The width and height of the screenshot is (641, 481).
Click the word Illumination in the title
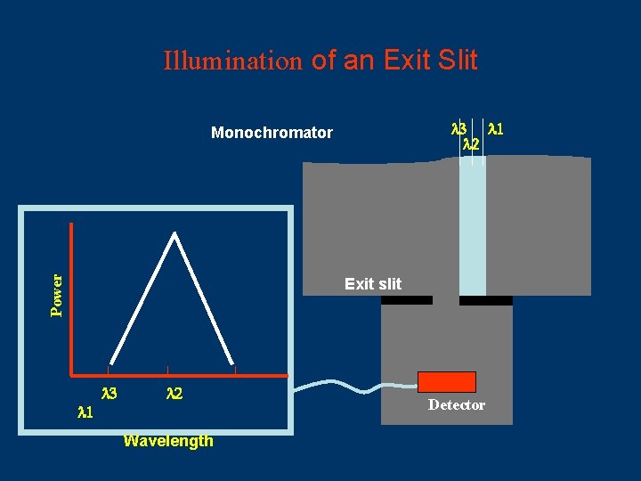(x=234, y=61)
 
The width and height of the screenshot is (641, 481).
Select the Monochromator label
(x=272, y=133)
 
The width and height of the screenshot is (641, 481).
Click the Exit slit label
(x=373, y=284)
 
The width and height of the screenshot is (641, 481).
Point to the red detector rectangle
(x=447, y=382)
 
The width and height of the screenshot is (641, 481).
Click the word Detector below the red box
(x=457, y=405)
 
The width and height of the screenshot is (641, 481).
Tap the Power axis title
(x=57, y=295)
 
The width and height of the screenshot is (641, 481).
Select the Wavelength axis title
(x=168, y=441)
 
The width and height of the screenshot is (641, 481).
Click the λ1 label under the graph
(x=85, y=412)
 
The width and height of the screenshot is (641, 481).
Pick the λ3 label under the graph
(x=110, y=393)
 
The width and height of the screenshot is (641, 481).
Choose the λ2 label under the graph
(x=174, y=393)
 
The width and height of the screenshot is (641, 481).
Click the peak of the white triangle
(x=175, y=235)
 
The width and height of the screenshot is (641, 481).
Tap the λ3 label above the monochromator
(x=459, y=128)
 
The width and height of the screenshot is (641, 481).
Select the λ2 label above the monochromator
(x=472, y=143)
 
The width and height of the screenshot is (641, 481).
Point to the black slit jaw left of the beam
(x=407, y=300)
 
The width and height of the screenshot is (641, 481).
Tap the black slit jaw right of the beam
(x=486, y=300)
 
